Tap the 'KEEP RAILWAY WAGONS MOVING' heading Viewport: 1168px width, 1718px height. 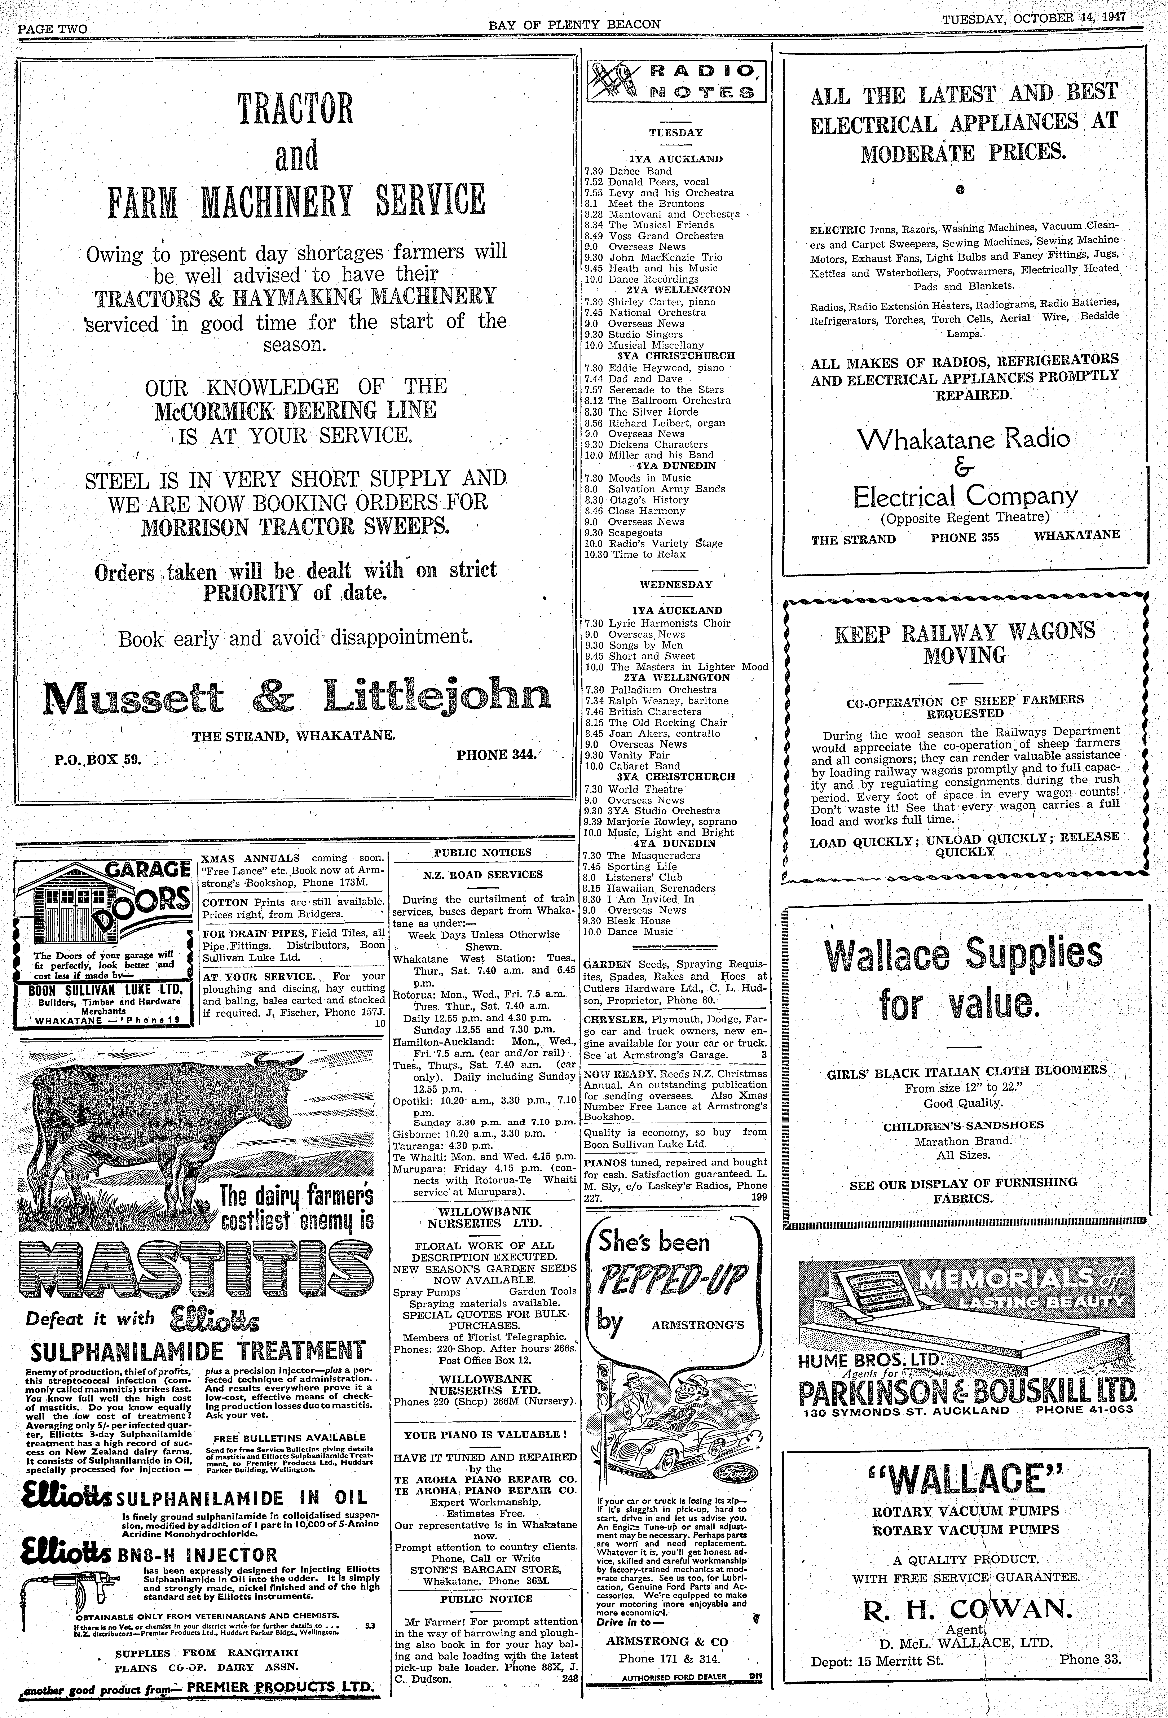tap(965, 642)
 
